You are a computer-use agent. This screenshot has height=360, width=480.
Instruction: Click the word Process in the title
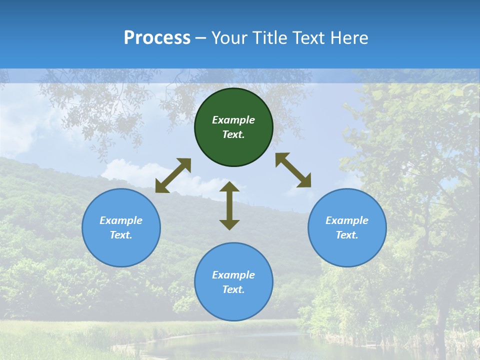coord(157,38)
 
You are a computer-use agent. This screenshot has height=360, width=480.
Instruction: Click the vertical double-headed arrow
coord(229,205)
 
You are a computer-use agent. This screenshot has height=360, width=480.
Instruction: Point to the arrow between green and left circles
coord(173,175)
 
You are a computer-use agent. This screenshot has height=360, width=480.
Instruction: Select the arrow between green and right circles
coord(293,170)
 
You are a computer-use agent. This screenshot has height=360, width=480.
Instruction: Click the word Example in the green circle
coord(233,120)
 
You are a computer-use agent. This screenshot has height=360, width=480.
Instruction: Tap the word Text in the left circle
coord(121,235)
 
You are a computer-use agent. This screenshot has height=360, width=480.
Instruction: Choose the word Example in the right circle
coord(347,220)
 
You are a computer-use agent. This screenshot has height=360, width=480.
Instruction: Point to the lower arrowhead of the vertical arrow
coord(229,224)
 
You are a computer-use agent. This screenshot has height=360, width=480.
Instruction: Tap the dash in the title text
coord(200,38)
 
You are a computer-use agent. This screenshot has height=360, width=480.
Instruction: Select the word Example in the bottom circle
coord(233,275)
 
